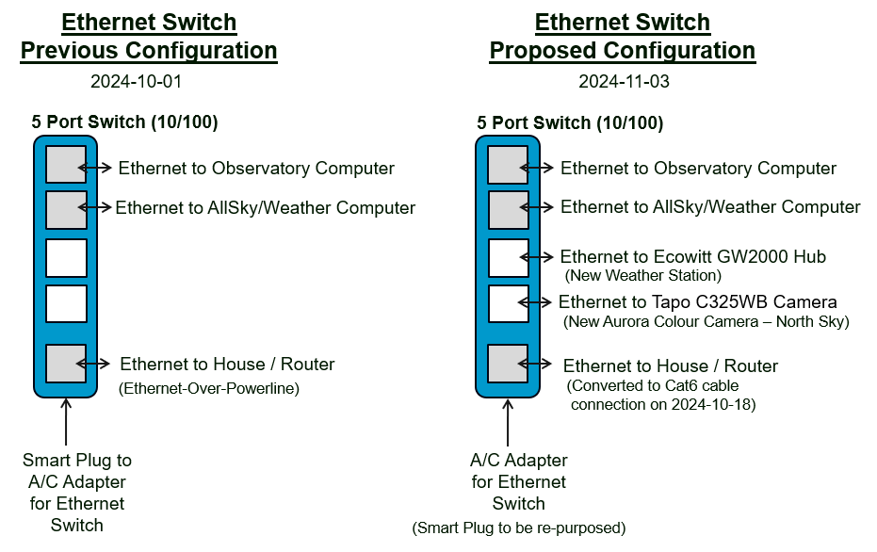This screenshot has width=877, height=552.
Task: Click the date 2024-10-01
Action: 136,82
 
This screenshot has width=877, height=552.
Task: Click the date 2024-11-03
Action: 624,82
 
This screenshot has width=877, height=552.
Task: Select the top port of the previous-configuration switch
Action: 66,165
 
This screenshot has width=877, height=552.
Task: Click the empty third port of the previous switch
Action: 66,258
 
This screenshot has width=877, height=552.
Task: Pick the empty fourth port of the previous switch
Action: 66,303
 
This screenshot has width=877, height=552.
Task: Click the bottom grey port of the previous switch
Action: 66,364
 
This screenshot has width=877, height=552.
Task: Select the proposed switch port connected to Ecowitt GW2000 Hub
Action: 509,258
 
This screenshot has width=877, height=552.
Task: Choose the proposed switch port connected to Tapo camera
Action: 509,303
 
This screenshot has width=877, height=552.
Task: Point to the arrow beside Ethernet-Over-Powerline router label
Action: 93,365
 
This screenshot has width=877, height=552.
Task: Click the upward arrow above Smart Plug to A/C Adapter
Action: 66,422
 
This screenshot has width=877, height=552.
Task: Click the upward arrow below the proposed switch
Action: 508,422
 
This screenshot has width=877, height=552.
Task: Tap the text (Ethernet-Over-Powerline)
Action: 208,388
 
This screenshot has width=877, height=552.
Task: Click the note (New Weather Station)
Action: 643,275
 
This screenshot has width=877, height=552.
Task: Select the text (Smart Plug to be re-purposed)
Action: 519,528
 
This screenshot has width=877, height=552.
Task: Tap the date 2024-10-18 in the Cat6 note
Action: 710,404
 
